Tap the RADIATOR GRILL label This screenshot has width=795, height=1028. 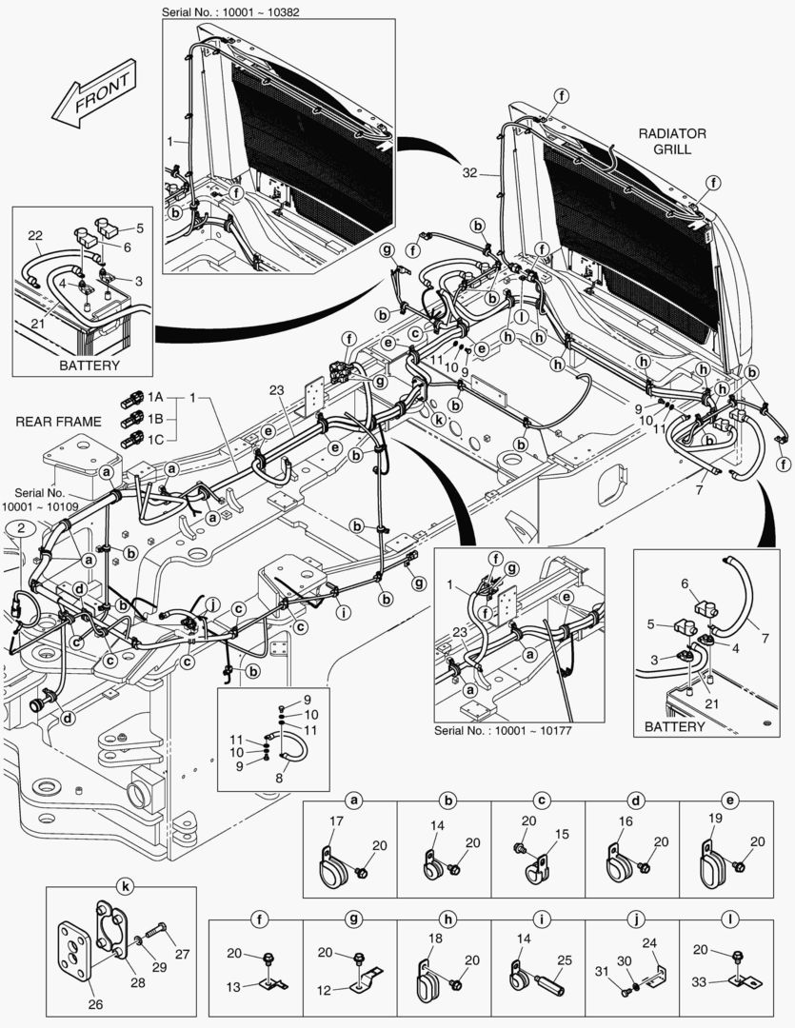[672, 142]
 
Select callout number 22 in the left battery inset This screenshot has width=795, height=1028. [35, 236]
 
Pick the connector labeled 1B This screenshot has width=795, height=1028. [132, 418]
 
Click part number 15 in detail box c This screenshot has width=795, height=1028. [561, 835]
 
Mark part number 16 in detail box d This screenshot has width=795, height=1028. [625, 820]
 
